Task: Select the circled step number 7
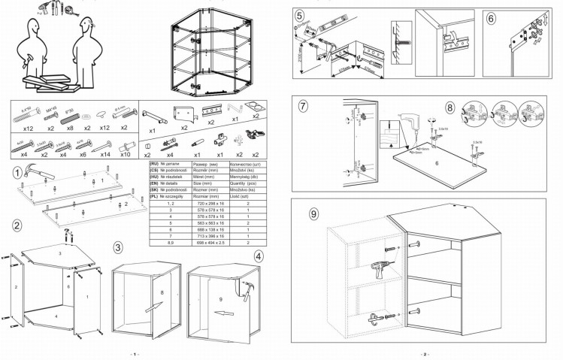304,106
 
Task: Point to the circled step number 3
118,247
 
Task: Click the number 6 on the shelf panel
436,162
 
